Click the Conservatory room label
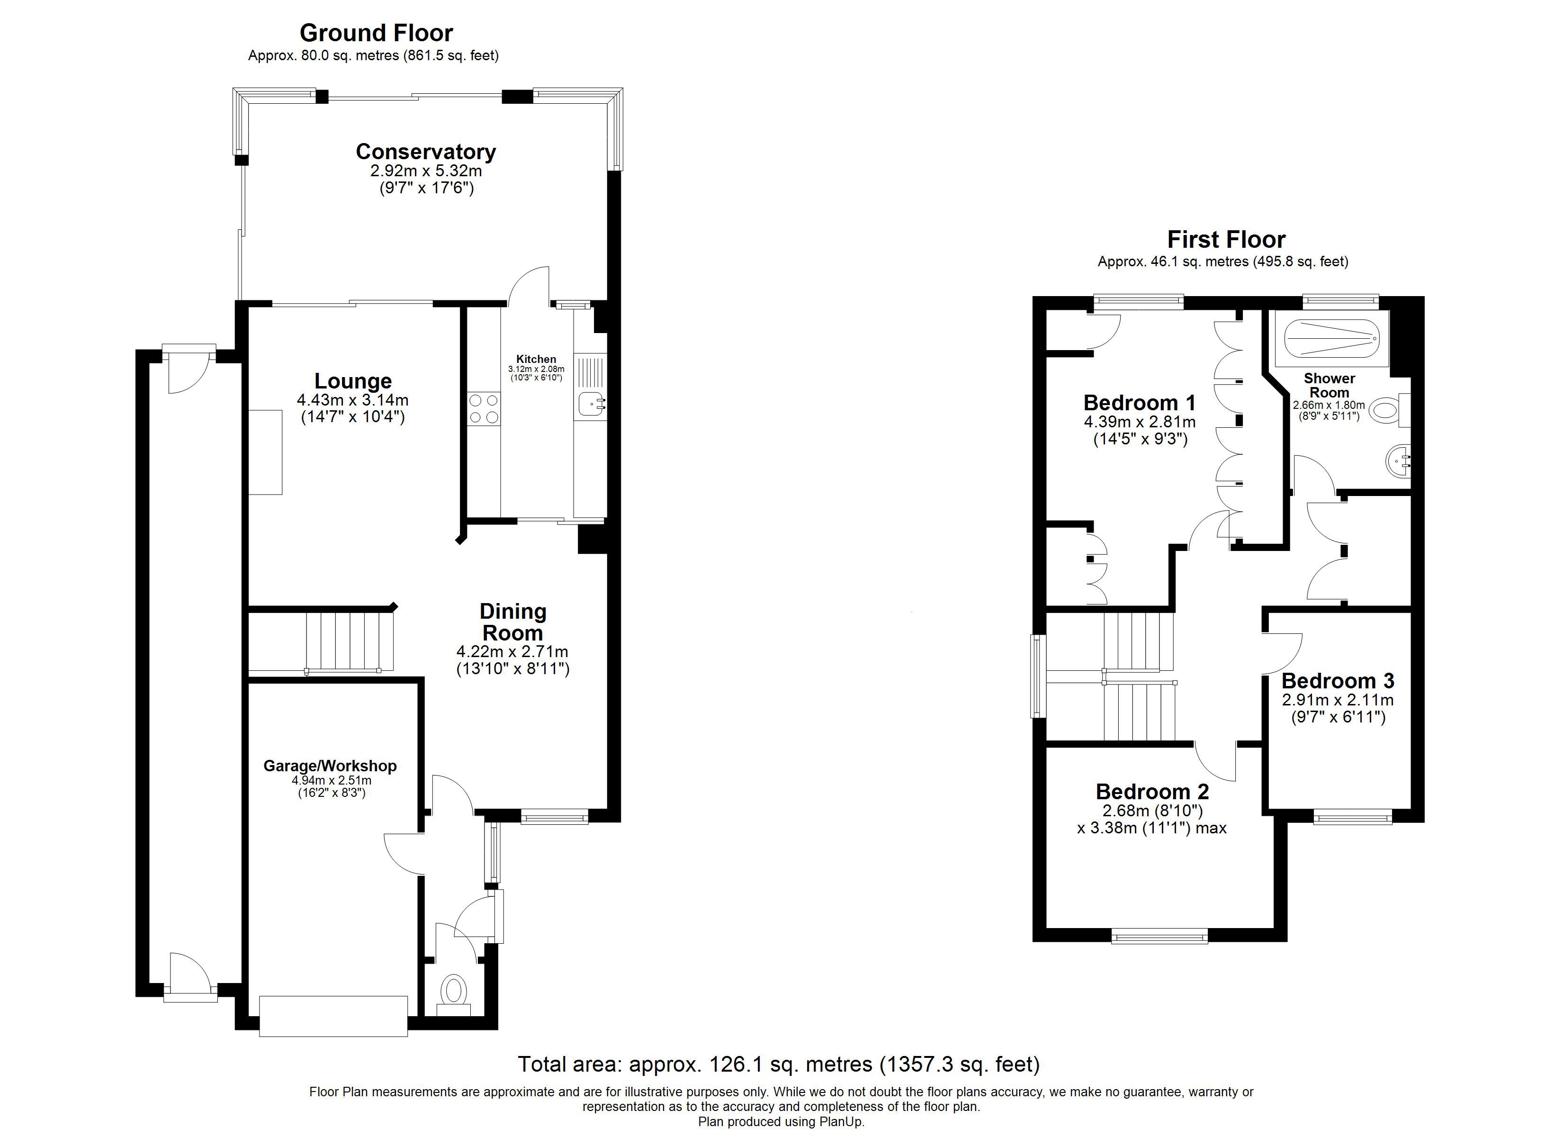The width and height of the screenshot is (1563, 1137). [x=425, y=152]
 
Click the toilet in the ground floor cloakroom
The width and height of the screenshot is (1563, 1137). [x=453, y=991]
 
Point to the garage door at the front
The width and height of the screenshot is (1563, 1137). [x=333, y=1016]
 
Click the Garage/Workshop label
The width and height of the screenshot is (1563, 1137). [x=330, y=766]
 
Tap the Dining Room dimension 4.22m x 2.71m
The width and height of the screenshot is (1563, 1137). [x=512, y=651]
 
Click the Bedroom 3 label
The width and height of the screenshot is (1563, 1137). [x=1338, y=681]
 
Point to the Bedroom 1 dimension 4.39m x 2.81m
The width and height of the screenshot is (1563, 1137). [x=1140, y=422]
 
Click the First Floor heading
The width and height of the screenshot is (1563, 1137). [x=1226, y=239]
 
